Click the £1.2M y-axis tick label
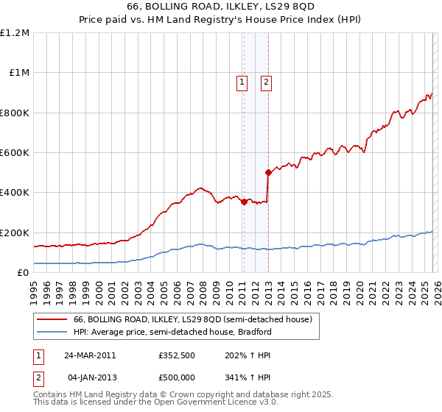click(x=15, y=33)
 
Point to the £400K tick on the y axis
click(x=14, y=193)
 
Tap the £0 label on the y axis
click(x=23, y=272)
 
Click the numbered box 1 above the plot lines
click(x=242, y=83)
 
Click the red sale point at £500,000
click(x=268, y=172)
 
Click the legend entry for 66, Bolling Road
click(x=193, y=320)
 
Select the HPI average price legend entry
click(x=172, y=332)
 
